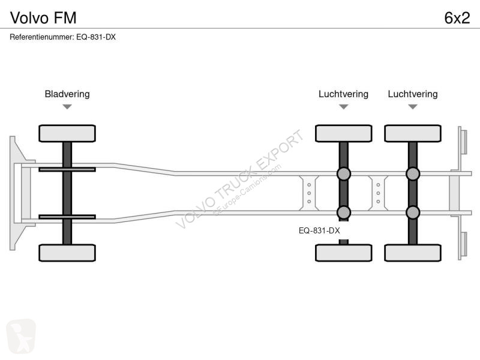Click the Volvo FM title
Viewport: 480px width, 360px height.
tap(43, 18)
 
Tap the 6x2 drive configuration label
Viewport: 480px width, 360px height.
tap(457, 18)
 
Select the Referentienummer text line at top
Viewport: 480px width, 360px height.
tap(63, 37)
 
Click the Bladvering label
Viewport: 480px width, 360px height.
tap(67, 94)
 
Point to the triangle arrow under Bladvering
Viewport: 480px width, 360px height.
tap(67, 107)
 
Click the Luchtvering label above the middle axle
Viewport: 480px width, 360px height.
tap(343, 94)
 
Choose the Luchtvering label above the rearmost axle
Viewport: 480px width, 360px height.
tap(413, 94)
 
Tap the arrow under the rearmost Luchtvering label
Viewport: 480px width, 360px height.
tap(413, 107)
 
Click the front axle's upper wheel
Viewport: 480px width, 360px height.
tap(67, 133)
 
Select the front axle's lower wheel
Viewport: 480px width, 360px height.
tap(67, 253)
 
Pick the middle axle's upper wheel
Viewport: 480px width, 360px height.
tap(343, 133)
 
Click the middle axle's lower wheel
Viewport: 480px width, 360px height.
tap(343, 253)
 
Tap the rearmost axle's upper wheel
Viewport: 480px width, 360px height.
tap(413, 133)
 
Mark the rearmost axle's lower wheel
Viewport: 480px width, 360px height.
tap(413, 253)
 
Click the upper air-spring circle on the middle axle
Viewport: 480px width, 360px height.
tap(343, 174)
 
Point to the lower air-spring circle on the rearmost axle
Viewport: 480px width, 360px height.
tap(413, 212)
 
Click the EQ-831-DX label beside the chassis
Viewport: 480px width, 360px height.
tap(319, 230)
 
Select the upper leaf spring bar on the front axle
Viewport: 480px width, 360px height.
tap(67, 169)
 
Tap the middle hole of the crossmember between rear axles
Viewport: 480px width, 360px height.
tap(379, 193)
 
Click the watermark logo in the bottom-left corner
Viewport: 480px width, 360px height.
tap(21, 336)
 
